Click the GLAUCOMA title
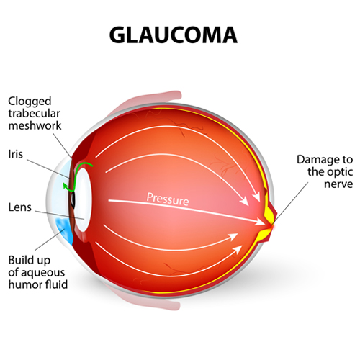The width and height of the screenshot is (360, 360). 174,35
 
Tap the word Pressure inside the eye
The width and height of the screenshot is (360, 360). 168,199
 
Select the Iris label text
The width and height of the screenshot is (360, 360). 16,154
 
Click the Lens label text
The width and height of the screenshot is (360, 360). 20,207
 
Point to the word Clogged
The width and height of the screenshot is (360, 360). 30,102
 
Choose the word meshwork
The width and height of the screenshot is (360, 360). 35,125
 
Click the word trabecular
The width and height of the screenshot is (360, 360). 34,113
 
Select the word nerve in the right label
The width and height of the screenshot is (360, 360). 338,184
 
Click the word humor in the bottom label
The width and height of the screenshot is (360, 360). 22,284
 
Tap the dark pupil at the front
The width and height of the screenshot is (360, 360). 72,200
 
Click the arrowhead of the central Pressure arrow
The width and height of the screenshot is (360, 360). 260,222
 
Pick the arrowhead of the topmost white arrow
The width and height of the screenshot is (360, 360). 257,198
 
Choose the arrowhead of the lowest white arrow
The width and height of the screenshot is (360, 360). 238,249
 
